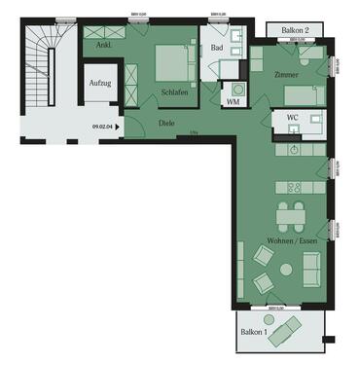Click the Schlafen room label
(175, 93)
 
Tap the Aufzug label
(99, 84)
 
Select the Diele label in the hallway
(166, 123)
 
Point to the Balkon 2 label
(294, 31)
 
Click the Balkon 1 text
(254, 333)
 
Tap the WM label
(234, 101)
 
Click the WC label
(292, 119)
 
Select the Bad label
(218, 46)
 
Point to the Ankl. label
(104, 45)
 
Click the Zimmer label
(286, 75)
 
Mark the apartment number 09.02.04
(102, 126)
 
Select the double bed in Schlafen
(175, 63)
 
